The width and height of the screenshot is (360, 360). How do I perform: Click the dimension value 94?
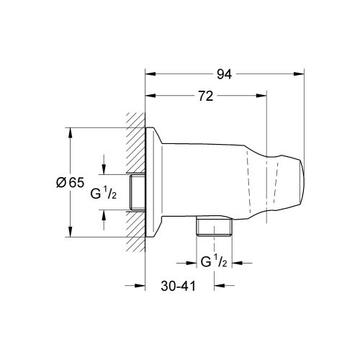(225, 73)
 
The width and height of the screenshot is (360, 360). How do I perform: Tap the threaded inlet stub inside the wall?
(138, 192)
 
